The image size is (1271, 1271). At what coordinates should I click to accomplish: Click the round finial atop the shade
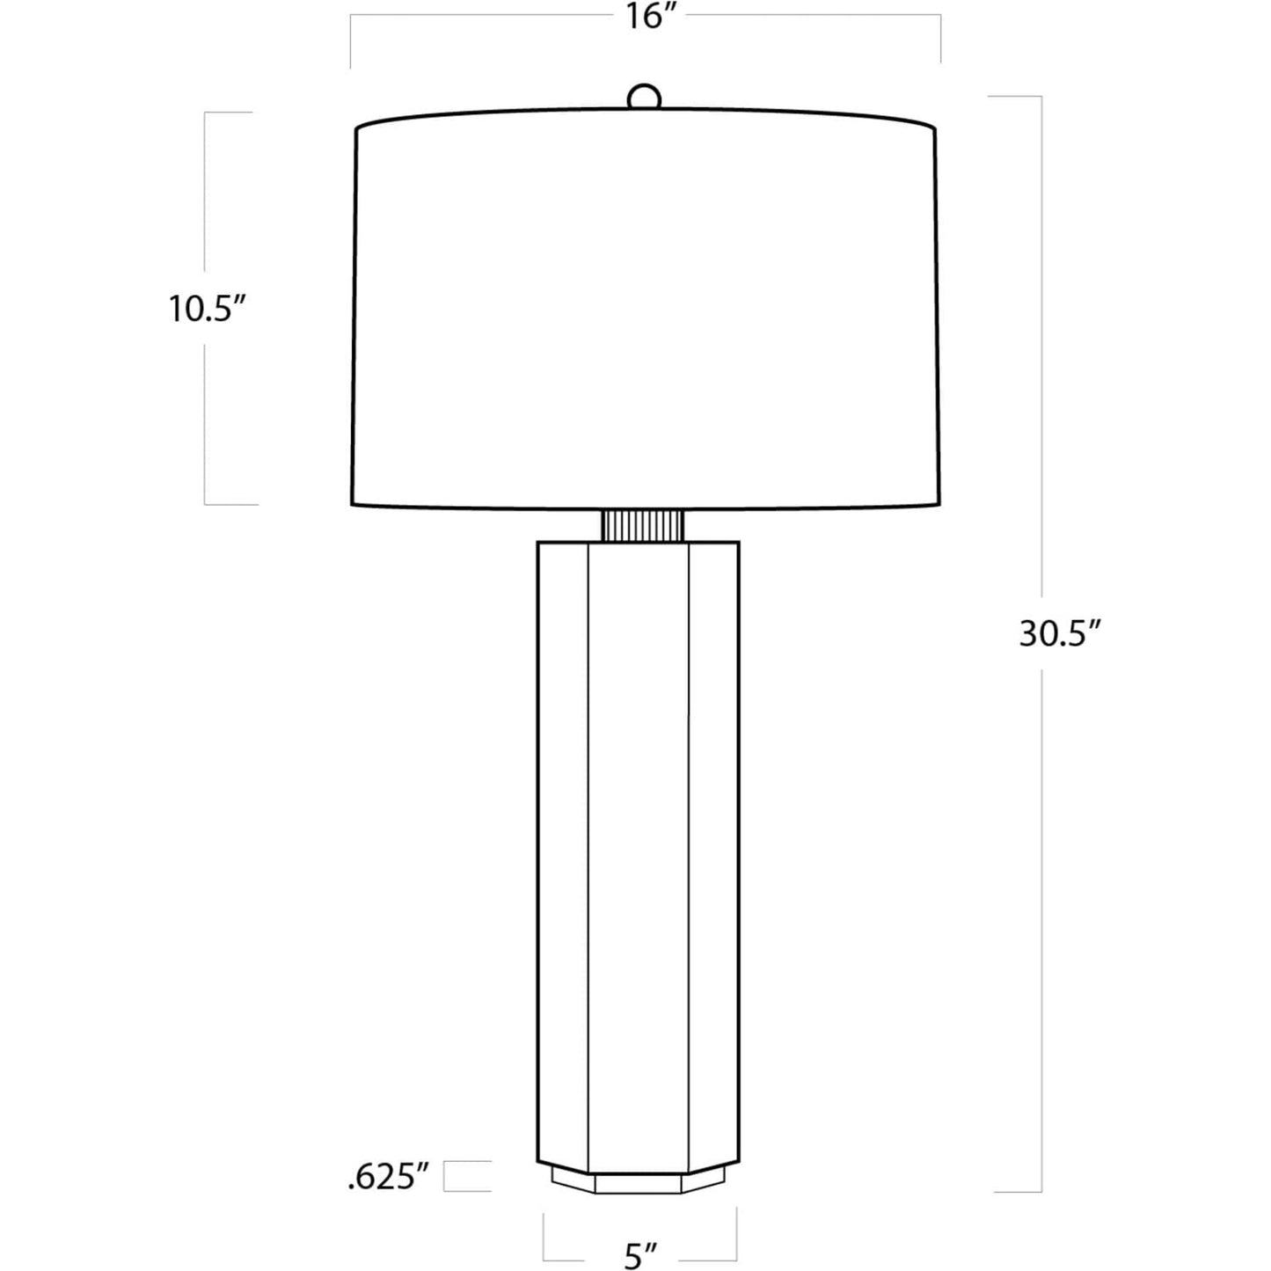[x=644, y=96]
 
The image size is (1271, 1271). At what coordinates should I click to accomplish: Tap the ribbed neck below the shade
[x=642, y=525]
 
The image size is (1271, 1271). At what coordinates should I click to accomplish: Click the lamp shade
[x=646, y=308]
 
